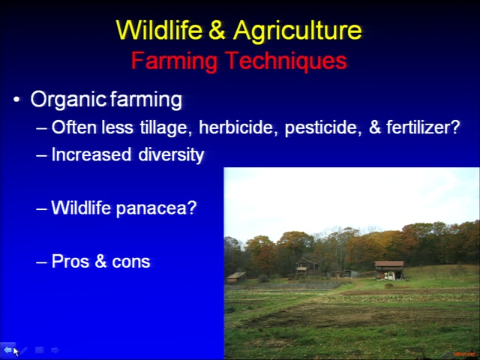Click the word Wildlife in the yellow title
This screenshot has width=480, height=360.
coord(159,30)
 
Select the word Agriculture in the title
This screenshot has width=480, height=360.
coord(298,31)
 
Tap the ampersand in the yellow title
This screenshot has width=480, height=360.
coord(217,30)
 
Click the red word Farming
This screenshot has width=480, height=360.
coord(174,61)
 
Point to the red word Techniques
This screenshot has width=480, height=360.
coord(286,61)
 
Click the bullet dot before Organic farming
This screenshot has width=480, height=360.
coord(16,100)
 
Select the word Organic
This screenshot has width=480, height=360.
coord(68,100)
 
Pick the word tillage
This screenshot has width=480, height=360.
coord(166,127)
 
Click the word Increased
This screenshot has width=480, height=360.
coord(91,154)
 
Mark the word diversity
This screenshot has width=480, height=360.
coord(171,155)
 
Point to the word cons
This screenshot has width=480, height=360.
coord(131,262)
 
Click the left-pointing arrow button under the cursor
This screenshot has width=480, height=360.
coord(7,349)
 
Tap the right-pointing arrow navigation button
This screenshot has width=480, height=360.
coord(55,350)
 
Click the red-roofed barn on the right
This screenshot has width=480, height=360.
coord(389,270)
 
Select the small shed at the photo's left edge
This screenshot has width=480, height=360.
coord(236,277)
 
